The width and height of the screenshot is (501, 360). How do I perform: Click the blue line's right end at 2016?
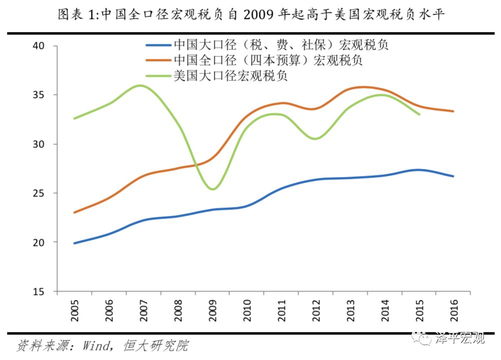[x=453, y=176]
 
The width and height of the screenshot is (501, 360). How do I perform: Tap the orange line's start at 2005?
[x=74, y=212]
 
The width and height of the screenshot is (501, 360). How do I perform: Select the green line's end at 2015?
[x=419, y=114]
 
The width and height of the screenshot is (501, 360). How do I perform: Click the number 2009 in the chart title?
[x=259, y=15]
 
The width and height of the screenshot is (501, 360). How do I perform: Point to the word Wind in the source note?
[x=98, y=345]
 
